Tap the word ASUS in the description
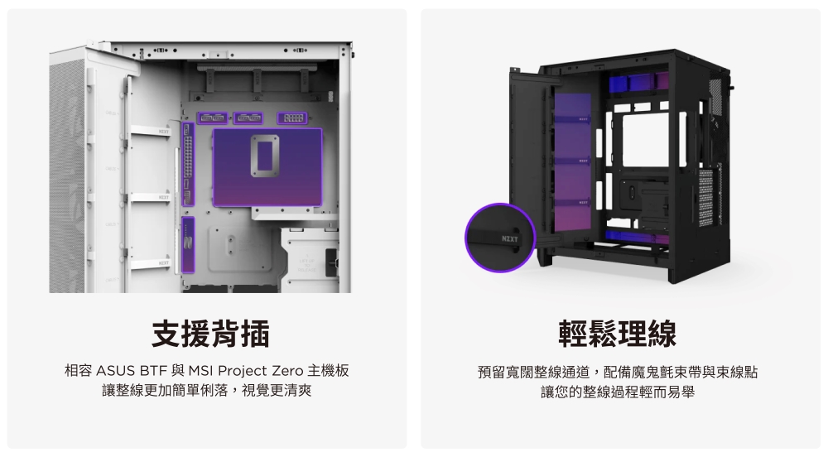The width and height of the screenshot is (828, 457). pyautogui.click(x=122, y=370)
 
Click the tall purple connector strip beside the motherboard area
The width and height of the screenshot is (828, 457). pyautogui.click(x=189, y=166)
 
